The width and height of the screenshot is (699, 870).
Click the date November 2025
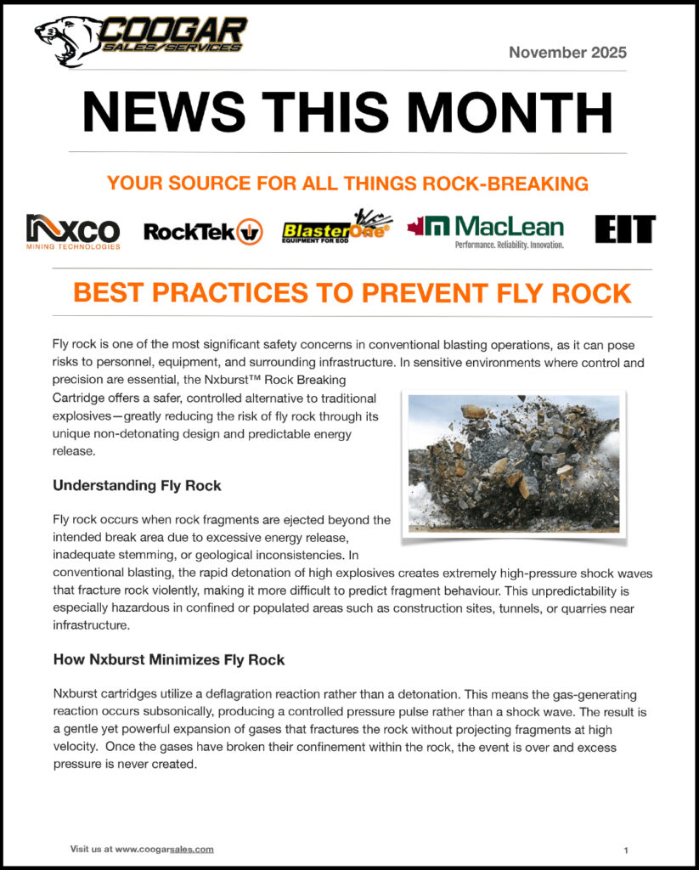point(567,52)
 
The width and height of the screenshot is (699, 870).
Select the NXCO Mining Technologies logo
point(73,231)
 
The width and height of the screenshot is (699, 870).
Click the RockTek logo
point(203,231)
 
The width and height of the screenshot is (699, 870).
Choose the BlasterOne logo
point(333,228)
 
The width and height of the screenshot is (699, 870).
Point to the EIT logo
point(625,229)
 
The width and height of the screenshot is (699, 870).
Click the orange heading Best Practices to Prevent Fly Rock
point(352,293)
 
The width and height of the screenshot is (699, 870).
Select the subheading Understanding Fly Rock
point(137,486)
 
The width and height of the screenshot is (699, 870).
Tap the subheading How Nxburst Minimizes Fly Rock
point(169,658)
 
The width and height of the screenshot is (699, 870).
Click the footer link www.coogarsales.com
point(165,849)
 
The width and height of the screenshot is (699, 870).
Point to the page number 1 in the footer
point(626,849)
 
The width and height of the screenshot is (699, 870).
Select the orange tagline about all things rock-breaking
point(349,183)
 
